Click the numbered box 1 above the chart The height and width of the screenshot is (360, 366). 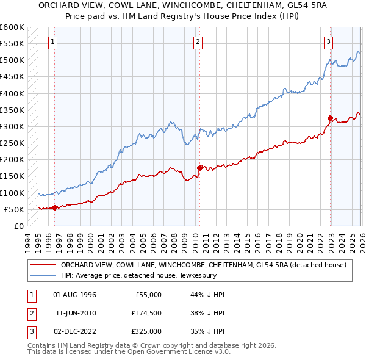point(53,42)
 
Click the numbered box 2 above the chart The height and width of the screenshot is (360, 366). point(198,42)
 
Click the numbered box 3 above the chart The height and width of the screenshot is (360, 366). point(328,42)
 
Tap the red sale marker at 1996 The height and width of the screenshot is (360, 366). point(55,207)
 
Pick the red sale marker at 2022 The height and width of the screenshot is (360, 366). point(330,118)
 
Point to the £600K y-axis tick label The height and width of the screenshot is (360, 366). point(12,27)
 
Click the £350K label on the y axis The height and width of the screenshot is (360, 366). point(12,110)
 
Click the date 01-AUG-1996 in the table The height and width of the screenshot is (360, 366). point(75,295)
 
